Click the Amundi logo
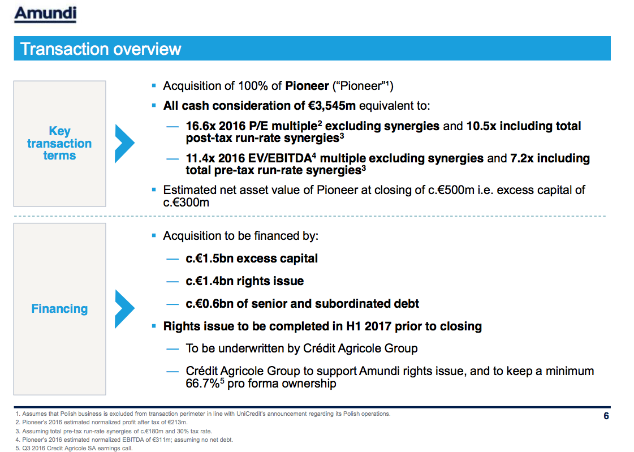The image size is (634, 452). (x=45, y=14)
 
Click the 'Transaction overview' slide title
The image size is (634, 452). (x=101, y=49)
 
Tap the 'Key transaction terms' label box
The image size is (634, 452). (x=59, y=143)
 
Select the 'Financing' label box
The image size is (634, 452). (x=59, y=309)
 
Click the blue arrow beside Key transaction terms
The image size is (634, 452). (x=124, y=143)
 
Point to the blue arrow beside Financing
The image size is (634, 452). (x=124, y=309)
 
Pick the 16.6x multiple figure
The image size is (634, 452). (x=200, y=126)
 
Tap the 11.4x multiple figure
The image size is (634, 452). (x=199, y=158)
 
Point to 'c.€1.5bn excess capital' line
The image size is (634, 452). (x=252, y=259)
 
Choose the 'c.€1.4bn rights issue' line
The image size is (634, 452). (x=244, y=281)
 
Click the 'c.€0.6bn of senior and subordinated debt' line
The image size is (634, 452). (x=303, y=304)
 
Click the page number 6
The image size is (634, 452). (x=606, y=417)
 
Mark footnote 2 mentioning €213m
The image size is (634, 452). (x=102, y=423)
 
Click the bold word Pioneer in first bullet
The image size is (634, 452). (x=307, y=86)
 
